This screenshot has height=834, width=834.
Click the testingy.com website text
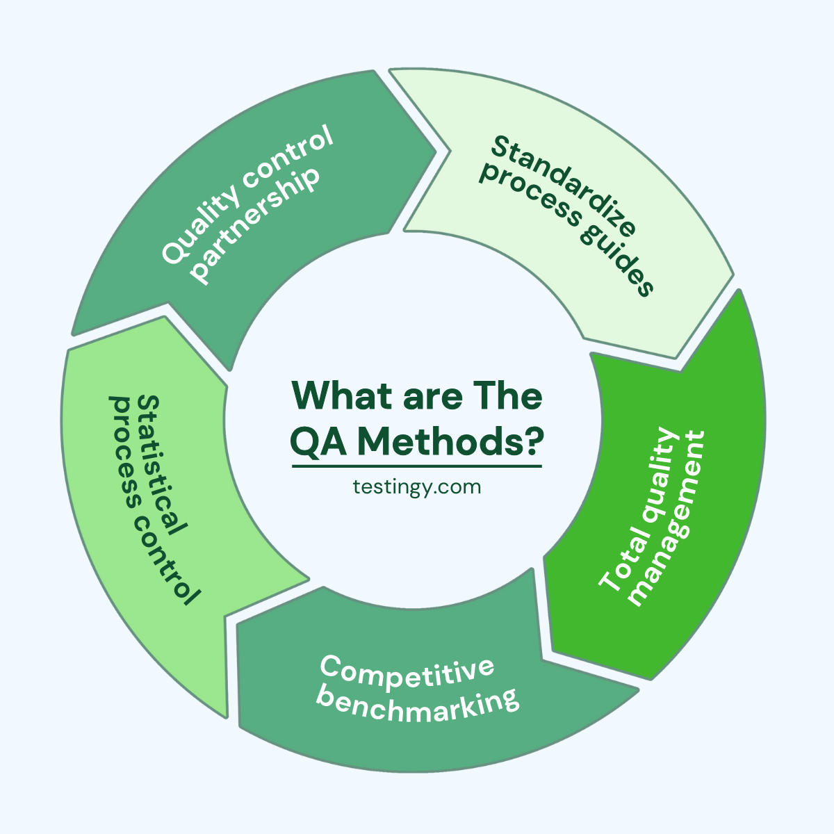pos(416,486)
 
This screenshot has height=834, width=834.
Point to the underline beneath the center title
pos(416,466)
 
